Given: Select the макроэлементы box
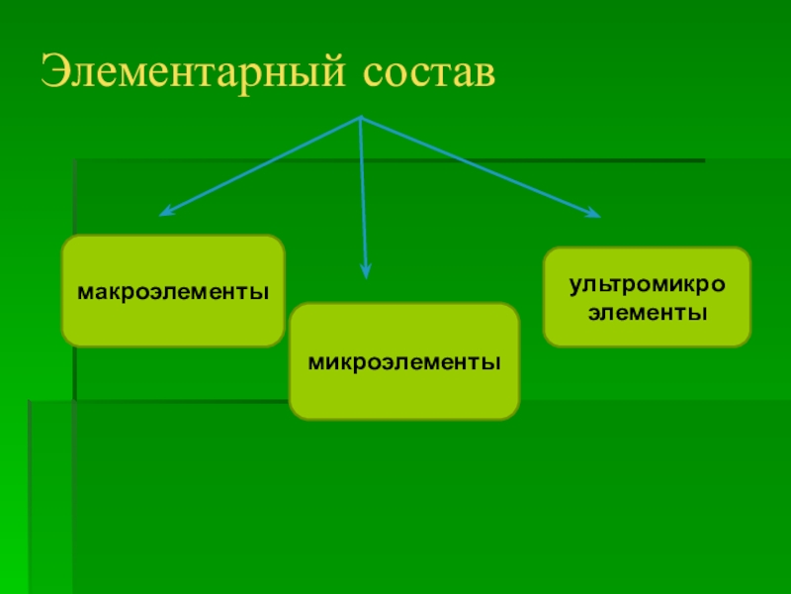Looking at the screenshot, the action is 173,291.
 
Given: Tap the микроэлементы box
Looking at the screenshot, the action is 403,362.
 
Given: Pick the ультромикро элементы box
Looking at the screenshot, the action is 647,297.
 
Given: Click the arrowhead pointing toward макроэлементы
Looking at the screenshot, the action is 166,211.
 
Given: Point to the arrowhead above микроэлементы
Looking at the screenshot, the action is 366,271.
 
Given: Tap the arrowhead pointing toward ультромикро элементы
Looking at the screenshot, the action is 593,214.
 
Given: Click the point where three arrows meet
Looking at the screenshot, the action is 361,118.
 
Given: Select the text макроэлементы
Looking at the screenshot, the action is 173,294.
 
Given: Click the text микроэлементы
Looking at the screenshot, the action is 403,362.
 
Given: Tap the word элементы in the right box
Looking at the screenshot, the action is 647,313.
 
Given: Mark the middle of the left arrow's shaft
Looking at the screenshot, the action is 262,165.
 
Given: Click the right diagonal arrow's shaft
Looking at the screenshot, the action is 480,166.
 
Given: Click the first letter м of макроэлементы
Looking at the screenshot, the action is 85,294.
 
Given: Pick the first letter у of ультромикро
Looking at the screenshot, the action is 573,286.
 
